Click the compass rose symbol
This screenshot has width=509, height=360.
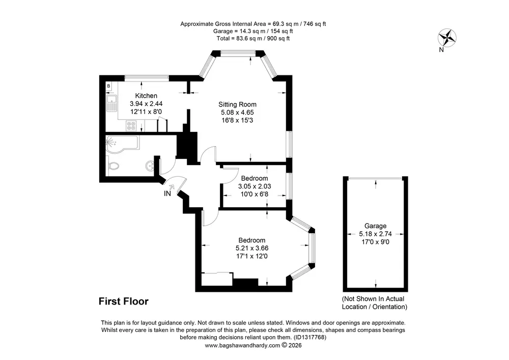point(447,38)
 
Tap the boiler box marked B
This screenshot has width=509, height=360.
point(109,86)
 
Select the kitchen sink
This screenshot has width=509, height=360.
point(111,103)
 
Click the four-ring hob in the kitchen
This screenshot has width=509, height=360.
point(131,126)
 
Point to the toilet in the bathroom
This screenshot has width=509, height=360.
point(113,167)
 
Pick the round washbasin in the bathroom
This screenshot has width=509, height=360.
point(150,165)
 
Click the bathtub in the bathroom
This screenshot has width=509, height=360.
point(122,144)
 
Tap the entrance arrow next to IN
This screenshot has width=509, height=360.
point(172,187)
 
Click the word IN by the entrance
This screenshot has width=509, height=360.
point(167,194)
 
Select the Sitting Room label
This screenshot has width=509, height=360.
point(237,104)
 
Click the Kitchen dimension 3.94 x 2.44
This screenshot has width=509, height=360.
point(146,103)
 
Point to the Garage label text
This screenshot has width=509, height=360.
point(375,226)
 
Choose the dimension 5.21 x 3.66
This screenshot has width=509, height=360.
point(252,248)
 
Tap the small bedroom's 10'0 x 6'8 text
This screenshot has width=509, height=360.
point(254,194)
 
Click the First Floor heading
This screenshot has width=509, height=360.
point(124,301)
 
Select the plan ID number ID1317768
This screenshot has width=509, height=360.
point(309,337)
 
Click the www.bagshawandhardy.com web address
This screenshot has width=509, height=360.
point(242,345)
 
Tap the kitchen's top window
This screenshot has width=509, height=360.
point(147,77)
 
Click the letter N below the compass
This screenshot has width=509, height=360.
point(441,50)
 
